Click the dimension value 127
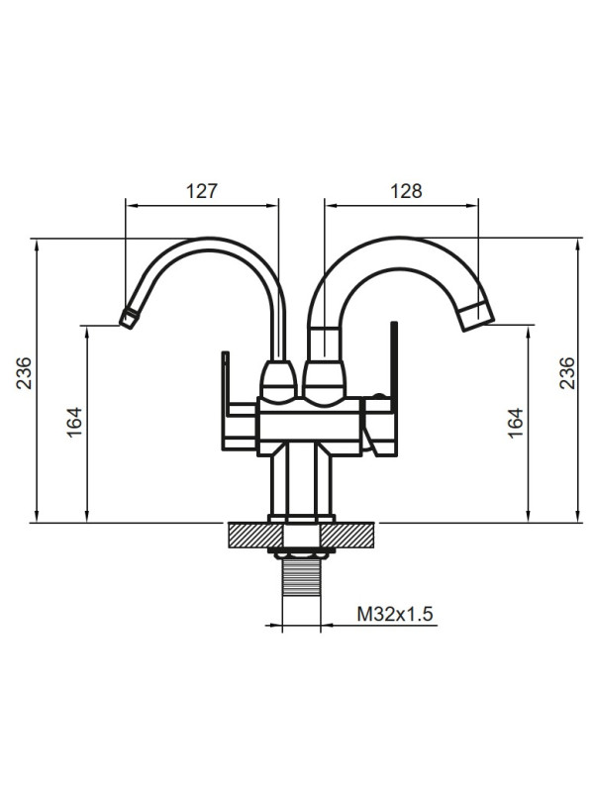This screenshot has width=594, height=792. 201,192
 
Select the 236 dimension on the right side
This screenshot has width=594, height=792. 567,373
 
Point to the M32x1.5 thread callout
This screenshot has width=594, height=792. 395,615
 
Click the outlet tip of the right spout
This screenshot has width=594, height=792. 476,317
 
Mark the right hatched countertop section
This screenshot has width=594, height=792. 353,536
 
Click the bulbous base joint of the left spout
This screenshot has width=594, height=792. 278,380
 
